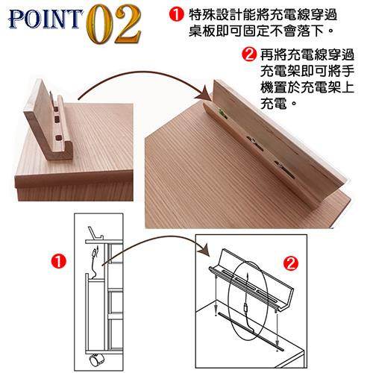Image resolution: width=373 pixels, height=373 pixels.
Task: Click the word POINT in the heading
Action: click(x=46, y=19)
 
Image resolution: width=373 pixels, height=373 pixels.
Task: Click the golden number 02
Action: click(x=114, y=24)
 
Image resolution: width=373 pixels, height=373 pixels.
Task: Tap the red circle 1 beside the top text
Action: click(x=176, y=14)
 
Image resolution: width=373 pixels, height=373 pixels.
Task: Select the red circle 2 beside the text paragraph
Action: click(x=249, y=54)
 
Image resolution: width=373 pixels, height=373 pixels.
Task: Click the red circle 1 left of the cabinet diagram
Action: click(x=59, y=261)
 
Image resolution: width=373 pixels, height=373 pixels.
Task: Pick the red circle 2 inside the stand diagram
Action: click(x=291, y=263)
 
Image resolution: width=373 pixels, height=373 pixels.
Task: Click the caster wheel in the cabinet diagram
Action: click(x=96, y=360)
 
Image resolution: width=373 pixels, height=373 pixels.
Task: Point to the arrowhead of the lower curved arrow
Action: click(x=205, y=249)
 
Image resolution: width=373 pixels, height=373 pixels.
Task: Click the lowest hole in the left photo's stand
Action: click(x=59, y=137)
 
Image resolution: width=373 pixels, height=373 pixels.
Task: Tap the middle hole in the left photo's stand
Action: click(x=57, y=119)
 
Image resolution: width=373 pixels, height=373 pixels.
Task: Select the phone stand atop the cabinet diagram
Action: click(x=95, y=233)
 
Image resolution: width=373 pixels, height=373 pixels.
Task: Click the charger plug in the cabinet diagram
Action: click(x=95, y=252)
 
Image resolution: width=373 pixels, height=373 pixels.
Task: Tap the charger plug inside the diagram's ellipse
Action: click(x=246, y=308)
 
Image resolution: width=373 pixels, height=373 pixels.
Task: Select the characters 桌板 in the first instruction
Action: click(x=202, y=31)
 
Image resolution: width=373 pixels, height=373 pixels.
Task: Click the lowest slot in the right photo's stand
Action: click(x=284, y=169)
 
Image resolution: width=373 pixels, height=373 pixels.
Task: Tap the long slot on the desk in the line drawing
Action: click(x=251, y=331)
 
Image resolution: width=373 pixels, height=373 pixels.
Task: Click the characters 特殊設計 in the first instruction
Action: click(x=216, y=14)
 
